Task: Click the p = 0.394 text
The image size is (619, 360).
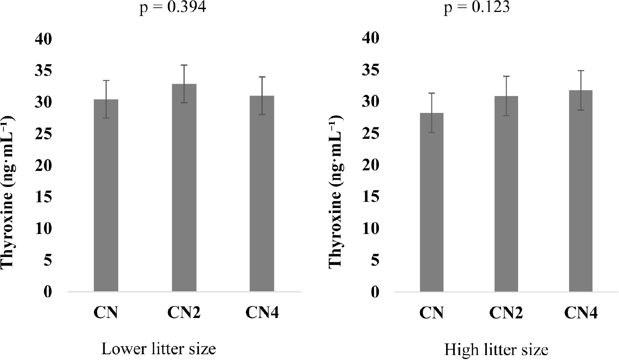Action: click(173, 7)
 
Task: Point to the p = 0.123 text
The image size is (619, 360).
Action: click(477, 7)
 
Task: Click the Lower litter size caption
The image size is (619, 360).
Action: click(159, 349)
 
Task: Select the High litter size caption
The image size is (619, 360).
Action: click(496, 350)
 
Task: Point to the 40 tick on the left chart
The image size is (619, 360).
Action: click(44, 39)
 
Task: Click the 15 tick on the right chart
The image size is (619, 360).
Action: click(371, 196)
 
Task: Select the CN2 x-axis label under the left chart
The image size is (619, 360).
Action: click(184, 313)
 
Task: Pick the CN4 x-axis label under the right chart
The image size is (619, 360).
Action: click(581, 313)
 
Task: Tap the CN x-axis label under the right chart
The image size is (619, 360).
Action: click(432, 313)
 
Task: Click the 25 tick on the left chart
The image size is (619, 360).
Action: click(44, 134)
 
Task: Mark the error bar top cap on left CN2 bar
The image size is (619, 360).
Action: click(184, 65)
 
